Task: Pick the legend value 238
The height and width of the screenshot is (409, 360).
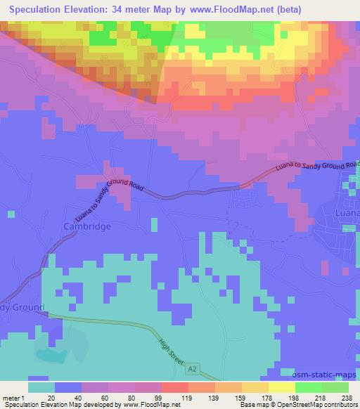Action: (347, 397)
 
